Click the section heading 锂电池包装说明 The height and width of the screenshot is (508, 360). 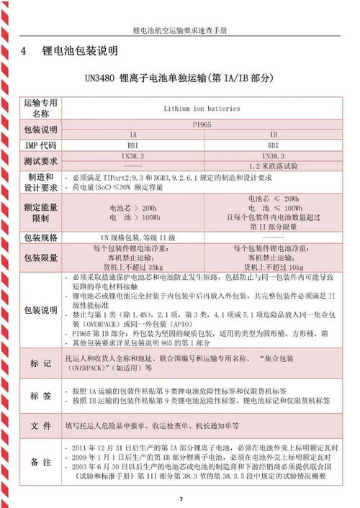coord(81,52)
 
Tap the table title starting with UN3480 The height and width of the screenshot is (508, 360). coord(179,77)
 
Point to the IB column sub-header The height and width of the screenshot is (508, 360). coord(274,135)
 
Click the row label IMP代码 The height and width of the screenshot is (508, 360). coord(41,145)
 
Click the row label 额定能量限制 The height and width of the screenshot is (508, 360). coord(41,212)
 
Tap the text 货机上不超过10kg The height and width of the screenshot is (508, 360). coord(274,266)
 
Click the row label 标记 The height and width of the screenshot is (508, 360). coord(41,361)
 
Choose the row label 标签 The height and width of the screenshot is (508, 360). coord(41,395)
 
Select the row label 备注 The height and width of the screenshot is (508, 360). coord(41,462)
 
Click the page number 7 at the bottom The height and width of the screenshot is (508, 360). coord(181,499)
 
